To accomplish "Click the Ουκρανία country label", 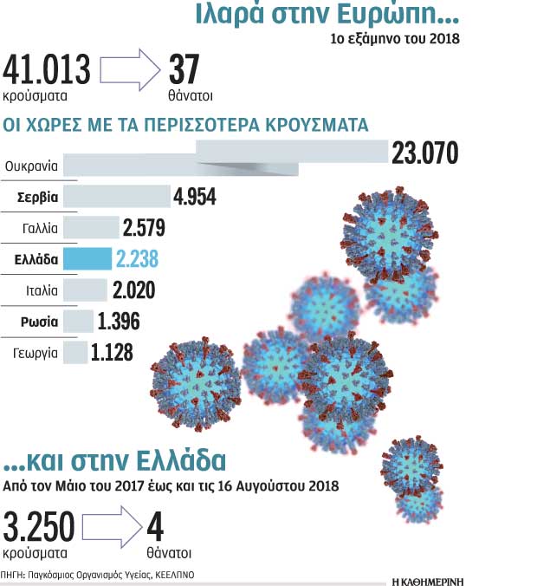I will tap(30, 164).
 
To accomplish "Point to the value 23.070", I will tap(424, 154).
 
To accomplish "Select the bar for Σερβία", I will tap(117, 196).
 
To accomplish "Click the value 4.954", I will tap(194, 196).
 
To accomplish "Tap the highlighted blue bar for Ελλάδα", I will tap(87, 259).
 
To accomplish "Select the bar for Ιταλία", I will tap(85, 290).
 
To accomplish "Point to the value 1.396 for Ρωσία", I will tap(118, 322).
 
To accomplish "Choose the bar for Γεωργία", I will tap(75, 352).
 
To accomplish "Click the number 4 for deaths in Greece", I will tap(155, 527).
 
